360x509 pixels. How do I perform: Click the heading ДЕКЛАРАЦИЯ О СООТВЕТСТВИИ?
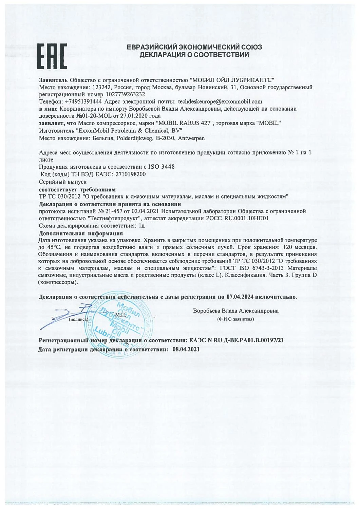click(194, 54)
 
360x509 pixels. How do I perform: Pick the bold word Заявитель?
click(53, 80)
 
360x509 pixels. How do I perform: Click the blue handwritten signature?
click(68, 318)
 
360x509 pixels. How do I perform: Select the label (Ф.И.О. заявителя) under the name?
click(236, 320)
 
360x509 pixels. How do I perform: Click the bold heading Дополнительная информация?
click(81, 233)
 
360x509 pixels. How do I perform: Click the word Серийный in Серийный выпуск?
click(51, 182)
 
